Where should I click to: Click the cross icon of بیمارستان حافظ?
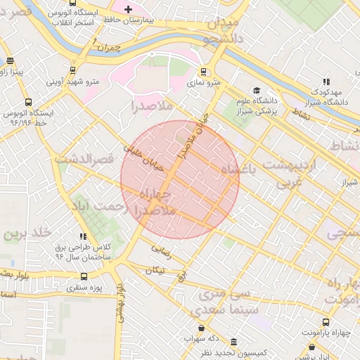point(127,9)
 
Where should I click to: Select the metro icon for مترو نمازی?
point(203,71)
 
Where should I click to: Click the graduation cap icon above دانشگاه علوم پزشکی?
point(257,91)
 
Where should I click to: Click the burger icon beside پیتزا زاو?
point(8,62)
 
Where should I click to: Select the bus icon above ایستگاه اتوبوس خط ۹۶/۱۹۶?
point(27,102)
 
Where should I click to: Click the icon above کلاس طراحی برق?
point(83,237)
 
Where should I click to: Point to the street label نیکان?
point(157,270)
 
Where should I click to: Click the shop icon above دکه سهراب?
point(202,328)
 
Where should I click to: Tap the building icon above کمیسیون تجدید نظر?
point(233,342)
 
